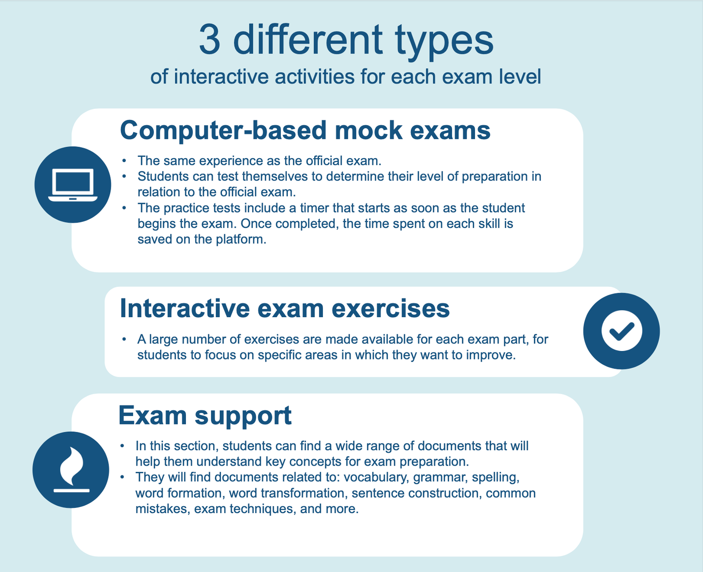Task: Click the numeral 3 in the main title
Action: tap(210, 40)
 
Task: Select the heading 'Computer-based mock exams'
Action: tap(305, 131)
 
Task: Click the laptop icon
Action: tap(72, 185)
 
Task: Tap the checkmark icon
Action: tap(621, 331)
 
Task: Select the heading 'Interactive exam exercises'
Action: tap(285, 308)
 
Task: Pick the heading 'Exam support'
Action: tap(205, 416)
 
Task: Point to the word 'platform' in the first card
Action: tap(241, 239)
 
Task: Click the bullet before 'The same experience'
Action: tap(124, 161)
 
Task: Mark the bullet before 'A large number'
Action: tap(124, 339)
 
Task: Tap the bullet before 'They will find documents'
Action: tap(122, 477)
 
